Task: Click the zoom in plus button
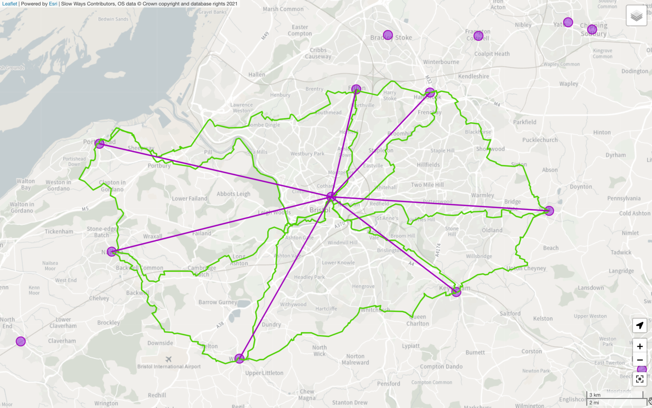coord(640,346)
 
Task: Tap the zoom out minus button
coord(640,360)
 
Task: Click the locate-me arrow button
coord(640,325)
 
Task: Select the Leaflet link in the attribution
coord(10,4)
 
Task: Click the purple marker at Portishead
coord(99,143)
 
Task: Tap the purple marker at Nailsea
coord(111,252)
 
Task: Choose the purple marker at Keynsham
coord(456,292)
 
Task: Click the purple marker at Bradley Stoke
coord(388,35)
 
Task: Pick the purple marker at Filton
coord(356,89)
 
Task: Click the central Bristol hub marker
coord(331,197)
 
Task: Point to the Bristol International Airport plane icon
coord(168,359)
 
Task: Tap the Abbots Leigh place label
coord(233,194)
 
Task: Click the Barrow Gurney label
coord(218,302)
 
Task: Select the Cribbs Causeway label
coord(318,53)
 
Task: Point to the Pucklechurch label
coord(540,140)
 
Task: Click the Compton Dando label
coord(441,367)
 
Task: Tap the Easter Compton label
coord(300,30)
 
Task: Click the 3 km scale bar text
coord(595,395)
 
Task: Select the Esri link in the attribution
coord(53,4)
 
